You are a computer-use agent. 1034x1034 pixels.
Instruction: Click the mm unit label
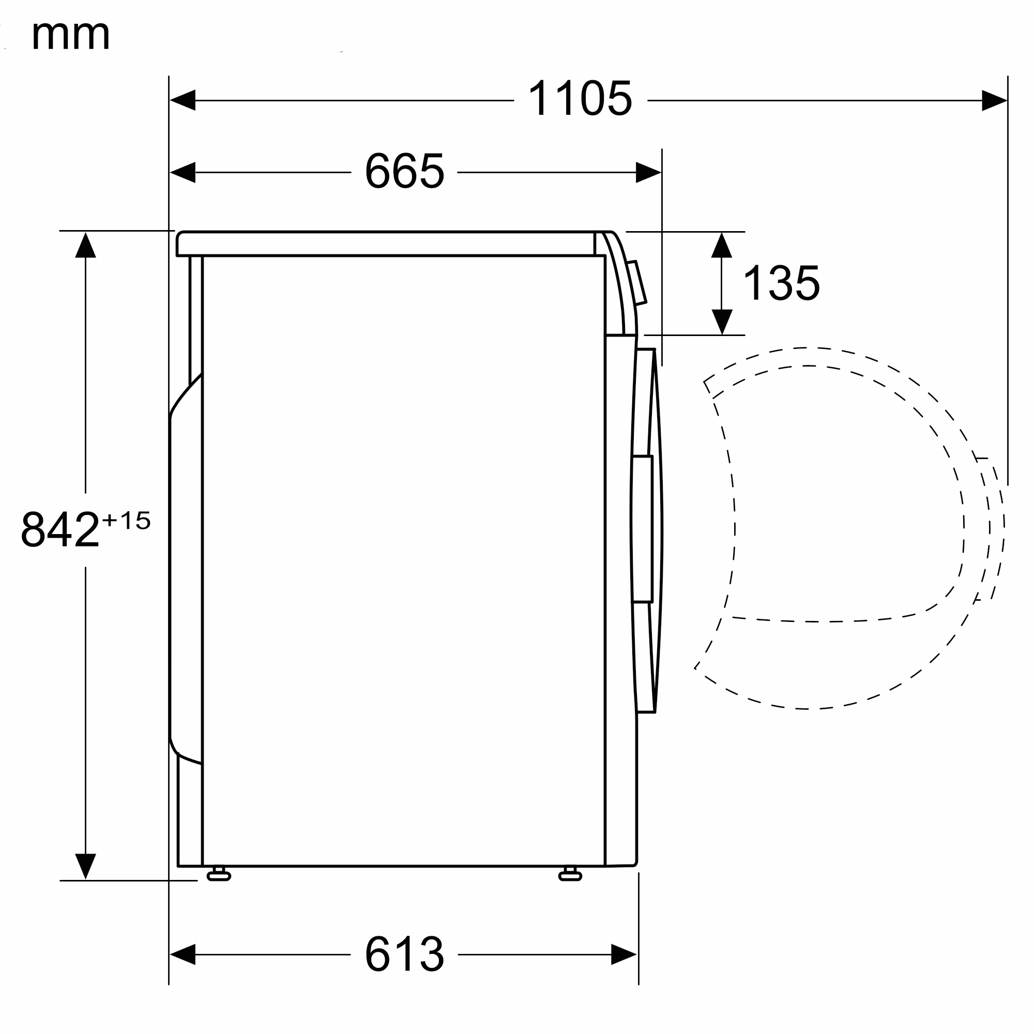click(x=71, y=35)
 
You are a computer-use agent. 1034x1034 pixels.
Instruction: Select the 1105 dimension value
click(x=580, y=98)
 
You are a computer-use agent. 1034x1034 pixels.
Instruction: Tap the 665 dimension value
click(x=405, y=171)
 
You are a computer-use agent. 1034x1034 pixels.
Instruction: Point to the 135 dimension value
click(x=781, y=283)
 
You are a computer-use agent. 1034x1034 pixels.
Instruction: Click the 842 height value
click(x=60, y=529)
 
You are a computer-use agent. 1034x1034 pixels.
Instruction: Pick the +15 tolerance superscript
click(x=126, y=520)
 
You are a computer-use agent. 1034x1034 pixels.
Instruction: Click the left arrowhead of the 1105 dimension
click(x=183, y=100)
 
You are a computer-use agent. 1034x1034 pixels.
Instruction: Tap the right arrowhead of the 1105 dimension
click(x=994, y=100)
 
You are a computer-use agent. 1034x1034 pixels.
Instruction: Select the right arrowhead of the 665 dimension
click(x=649, y=172)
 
